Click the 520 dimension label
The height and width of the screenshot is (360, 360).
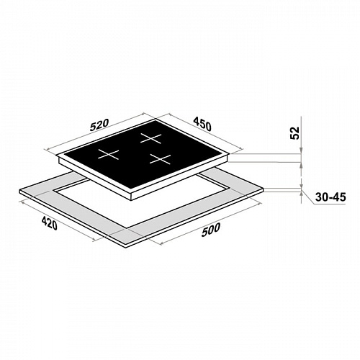click(x=99, y=125)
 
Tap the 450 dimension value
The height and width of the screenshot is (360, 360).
click(x=202, y=124)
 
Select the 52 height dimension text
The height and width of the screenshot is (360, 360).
click(x=295, y=132)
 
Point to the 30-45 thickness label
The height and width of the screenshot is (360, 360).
click(x=330, y=197)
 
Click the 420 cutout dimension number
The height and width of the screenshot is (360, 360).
click(x=50, y=223)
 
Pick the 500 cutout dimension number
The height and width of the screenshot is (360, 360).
click(x=211, y=230)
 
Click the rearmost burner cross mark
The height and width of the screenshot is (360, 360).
click(x=151, y=138)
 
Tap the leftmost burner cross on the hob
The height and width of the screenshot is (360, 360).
click(x=109, y=154)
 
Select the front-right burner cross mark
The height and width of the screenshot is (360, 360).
click(x=161, y=159)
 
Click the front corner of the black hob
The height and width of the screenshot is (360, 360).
click(x=132, y=192)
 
